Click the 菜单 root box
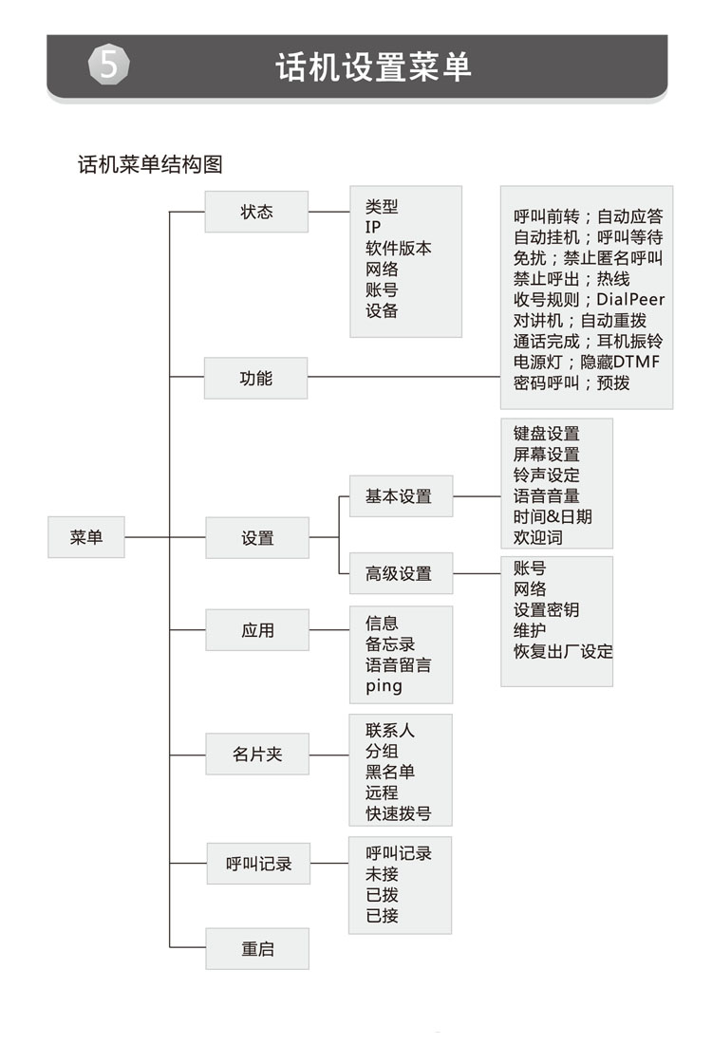click(x=86, y=537)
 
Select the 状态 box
click(x=256, y=212)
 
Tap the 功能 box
click(x=255, y=378)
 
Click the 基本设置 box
click(x=401, y=496)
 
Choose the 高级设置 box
click(x=401, y=573)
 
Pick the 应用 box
click(x=257, y=630)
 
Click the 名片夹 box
click(x=257, y=754)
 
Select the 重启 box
click(x=257, y=949)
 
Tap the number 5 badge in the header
click(x=108, y=65)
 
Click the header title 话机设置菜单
click(x=374, y=67)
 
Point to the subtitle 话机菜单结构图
click(x=150, y=164)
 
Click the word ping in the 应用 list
click(x=384, y=686)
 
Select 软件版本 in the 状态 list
click(x=399, y=249)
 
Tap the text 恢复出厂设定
click(x=563, y=651)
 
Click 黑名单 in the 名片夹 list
click(x=390, y=772)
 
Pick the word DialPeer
click(x=630, y=300)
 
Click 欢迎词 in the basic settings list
click(x=538, y=537)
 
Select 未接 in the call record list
click(x=382, y=874)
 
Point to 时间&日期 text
click(x=553, y=516)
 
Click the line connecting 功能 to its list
click(x=403, y=377)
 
